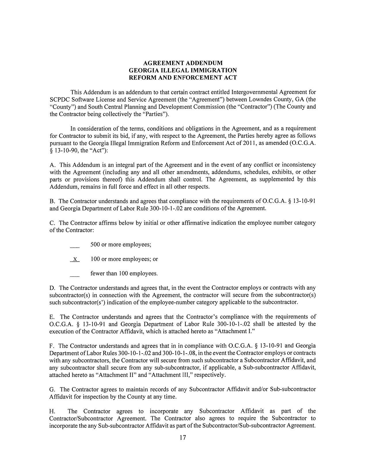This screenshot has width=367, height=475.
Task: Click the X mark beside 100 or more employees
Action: pos(75,259)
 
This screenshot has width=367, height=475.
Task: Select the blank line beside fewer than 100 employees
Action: pos(75,276)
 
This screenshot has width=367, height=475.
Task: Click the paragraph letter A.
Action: pos(52,165)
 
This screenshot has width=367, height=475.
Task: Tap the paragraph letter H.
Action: pos(52,411)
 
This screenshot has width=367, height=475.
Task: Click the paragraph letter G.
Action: pos(52,390)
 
